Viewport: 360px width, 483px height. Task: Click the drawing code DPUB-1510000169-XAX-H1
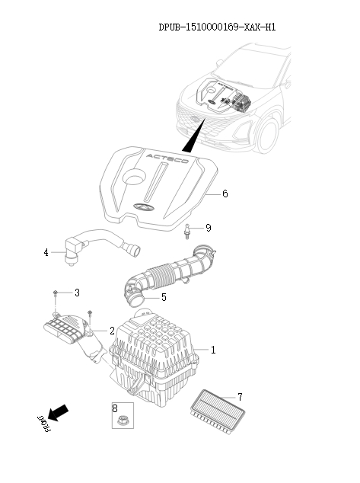click(x=217, y=27)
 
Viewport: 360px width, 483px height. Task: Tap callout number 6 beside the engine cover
click(x=225, y=194)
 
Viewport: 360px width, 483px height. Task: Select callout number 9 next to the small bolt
click(x=208, y=228)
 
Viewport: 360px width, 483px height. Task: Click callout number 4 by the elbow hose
click(x=46, y=252)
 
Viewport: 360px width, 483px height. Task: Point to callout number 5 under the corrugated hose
click(x=164, y=297)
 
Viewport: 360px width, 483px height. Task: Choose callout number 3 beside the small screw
click(x=76, y=293)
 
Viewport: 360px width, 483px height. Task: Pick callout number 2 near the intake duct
click(x=112, y=331)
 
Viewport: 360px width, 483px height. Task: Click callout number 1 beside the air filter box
click(x=213, y=350)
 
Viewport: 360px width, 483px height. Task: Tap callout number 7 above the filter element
click(x=239, y=397)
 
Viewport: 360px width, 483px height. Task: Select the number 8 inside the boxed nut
click(x=116, y=408)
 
